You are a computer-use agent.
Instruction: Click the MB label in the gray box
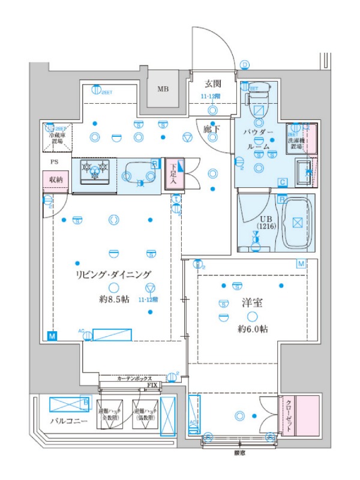pyautogui.click(x=163, y=89)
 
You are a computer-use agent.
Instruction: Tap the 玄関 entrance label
pyautogui.click(x=212, y=83)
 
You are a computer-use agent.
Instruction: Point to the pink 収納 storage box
pyautogui.click(x=56, y=179)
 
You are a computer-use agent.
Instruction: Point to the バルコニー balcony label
pyautogui.click(x=68, y=422)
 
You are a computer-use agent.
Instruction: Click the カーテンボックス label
pyautogui.click(x=134, y=379)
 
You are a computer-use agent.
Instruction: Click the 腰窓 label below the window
pyautogui.click(x=239, y=453)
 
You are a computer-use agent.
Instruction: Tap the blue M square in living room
pyautogui.click(x=52, y=335)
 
